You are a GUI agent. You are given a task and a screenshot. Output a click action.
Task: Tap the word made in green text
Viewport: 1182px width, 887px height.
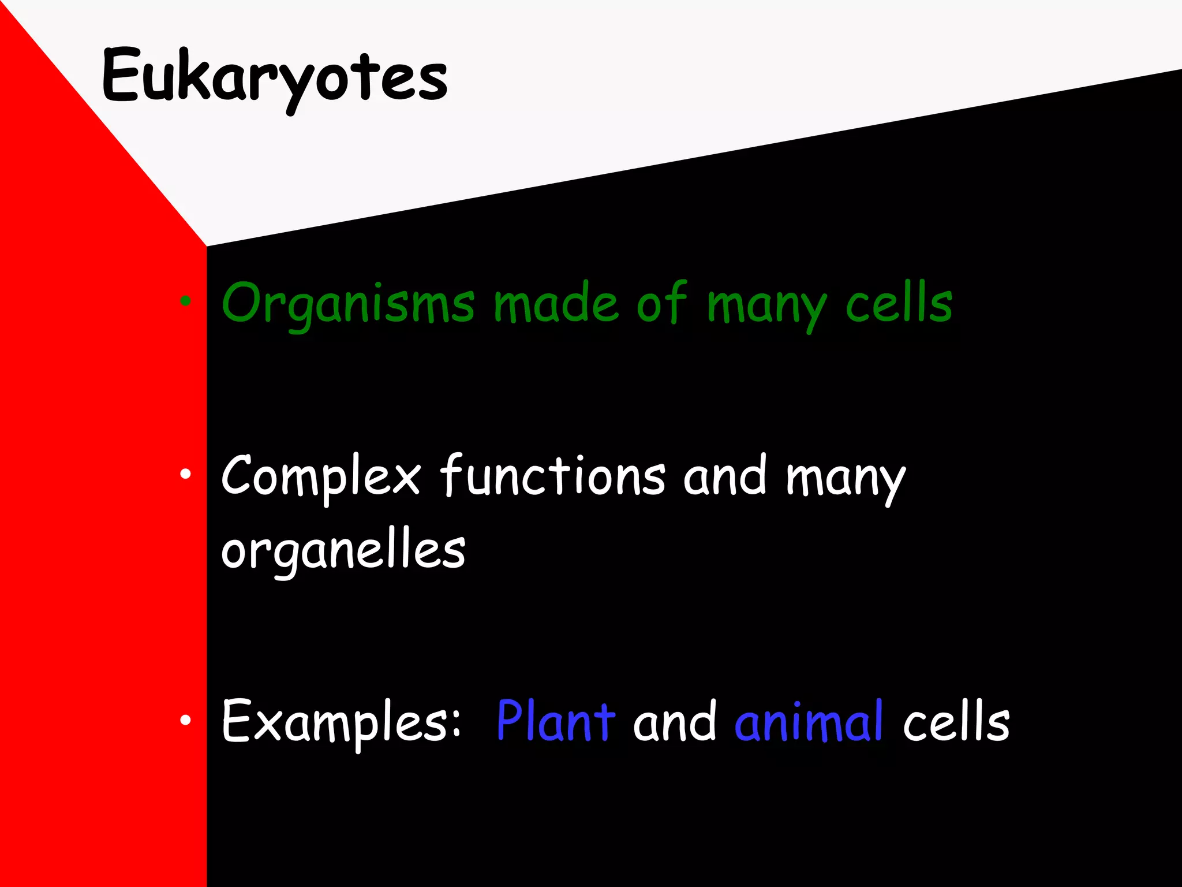coord(556,303)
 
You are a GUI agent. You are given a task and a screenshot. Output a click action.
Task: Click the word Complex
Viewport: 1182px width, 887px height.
coord(321,477)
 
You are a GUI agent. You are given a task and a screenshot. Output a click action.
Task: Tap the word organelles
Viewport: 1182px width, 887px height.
coord(343,550)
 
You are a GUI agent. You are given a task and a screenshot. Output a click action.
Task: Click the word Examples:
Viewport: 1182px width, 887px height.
coord(341,721)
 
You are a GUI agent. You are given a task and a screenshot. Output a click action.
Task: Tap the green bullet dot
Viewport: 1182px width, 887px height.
coord(185,300)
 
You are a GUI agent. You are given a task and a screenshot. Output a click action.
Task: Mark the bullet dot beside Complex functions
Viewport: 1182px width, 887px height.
coord(185,474)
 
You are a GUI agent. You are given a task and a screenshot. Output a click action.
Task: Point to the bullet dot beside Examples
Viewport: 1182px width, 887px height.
coord(185,720)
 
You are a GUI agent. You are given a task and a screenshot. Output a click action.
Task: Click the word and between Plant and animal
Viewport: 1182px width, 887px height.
coord(675,721)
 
